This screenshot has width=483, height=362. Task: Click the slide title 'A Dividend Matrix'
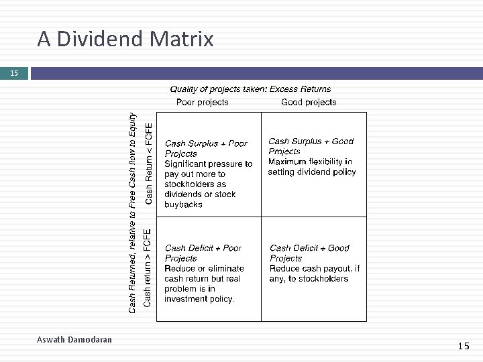click(125, 40)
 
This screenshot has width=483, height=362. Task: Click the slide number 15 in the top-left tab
click(14, 73)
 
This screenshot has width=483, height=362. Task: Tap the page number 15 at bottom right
click(464, 346)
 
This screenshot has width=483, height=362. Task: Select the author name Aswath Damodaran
click(74, 340)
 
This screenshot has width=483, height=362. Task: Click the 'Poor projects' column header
click(202, 103)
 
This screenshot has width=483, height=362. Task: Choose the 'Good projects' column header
click(309, 103)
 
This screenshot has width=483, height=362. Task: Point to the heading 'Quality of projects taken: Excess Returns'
click(250, 88)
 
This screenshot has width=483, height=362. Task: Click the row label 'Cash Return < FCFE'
click(149, 162)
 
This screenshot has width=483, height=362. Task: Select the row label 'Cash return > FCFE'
click(148, 268)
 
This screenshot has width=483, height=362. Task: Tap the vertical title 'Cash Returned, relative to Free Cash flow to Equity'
click(133, 212)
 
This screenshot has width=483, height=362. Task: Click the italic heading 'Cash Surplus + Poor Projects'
click(206, 148)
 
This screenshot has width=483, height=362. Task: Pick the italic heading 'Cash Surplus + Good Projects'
click(311, 146)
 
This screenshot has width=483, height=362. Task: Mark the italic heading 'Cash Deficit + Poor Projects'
click(203, 253)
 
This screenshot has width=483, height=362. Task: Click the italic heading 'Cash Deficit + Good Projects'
click(309, 253)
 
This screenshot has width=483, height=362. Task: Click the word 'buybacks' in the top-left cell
click(183, 204)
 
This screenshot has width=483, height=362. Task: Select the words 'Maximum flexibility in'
click(310, 162)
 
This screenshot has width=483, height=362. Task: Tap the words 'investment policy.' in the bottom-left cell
click(199, 299)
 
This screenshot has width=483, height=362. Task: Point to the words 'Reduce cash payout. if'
click(315, 269)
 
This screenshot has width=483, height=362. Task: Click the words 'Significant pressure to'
click(209, 164)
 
